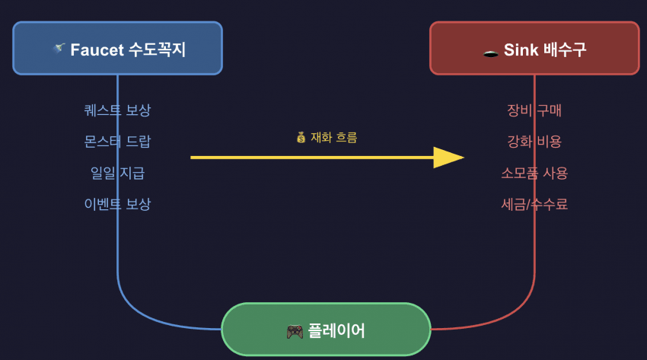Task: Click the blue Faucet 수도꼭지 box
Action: [117, 48]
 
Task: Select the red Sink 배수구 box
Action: [534, 48]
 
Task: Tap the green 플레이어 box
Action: [326, 330]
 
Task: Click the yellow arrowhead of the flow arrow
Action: [448, 158]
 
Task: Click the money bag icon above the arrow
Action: [301, 138]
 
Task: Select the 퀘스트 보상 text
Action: [117, 110]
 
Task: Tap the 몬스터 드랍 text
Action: [117, 142]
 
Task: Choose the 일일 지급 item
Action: [117, 173]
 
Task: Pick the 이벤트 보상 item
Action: [117, 204]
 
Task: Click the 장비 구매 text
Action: [534, 110]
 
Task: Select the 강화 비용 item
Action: [534, 142]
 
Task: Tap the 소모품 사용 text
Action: [534, 173]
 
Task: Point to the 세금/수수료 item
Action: [534, 204]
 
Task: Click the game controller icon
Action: [294, 331]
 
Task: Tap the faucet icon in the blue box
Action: [58, 49]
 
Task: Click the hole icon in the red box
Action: [491, 51]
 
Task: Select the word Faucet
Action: [96, 50]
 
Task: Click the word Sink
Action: [521, 50]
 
